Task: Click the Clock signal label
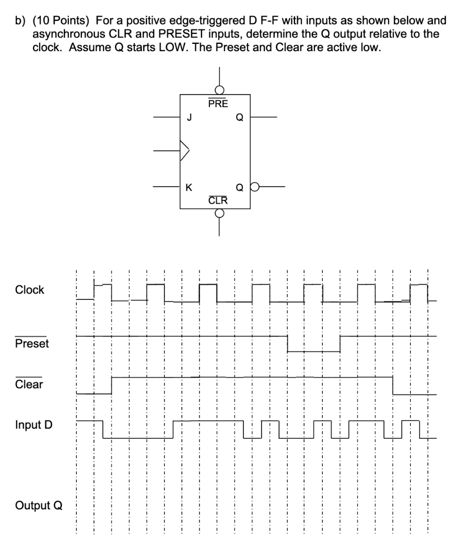[30, 289]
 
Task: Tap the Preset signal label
[32, 343]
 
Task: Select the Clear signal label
[29, 384]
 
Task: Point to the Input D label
[34, 425]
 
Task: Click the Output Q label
[39, 505]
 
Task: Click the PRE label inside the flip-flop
[218, 103]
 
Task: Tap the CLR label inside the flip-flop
[218, 200]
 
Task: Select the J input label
[190, 118]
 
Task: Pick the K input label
[189, 188]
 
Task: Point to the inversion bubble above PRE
[220, 90]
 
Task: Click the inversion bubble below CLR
[219, 213]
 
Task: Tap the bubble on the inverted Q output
[255, 187]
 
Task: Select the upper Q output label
[240, 118]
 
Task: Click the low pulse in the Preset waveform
[314, 352]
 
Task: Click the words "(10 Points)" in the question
[61, 21]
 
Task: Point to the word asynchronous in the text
[69, 34]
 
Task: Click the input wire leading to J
[167, 117]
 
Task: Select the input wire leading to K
[167, 187]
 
